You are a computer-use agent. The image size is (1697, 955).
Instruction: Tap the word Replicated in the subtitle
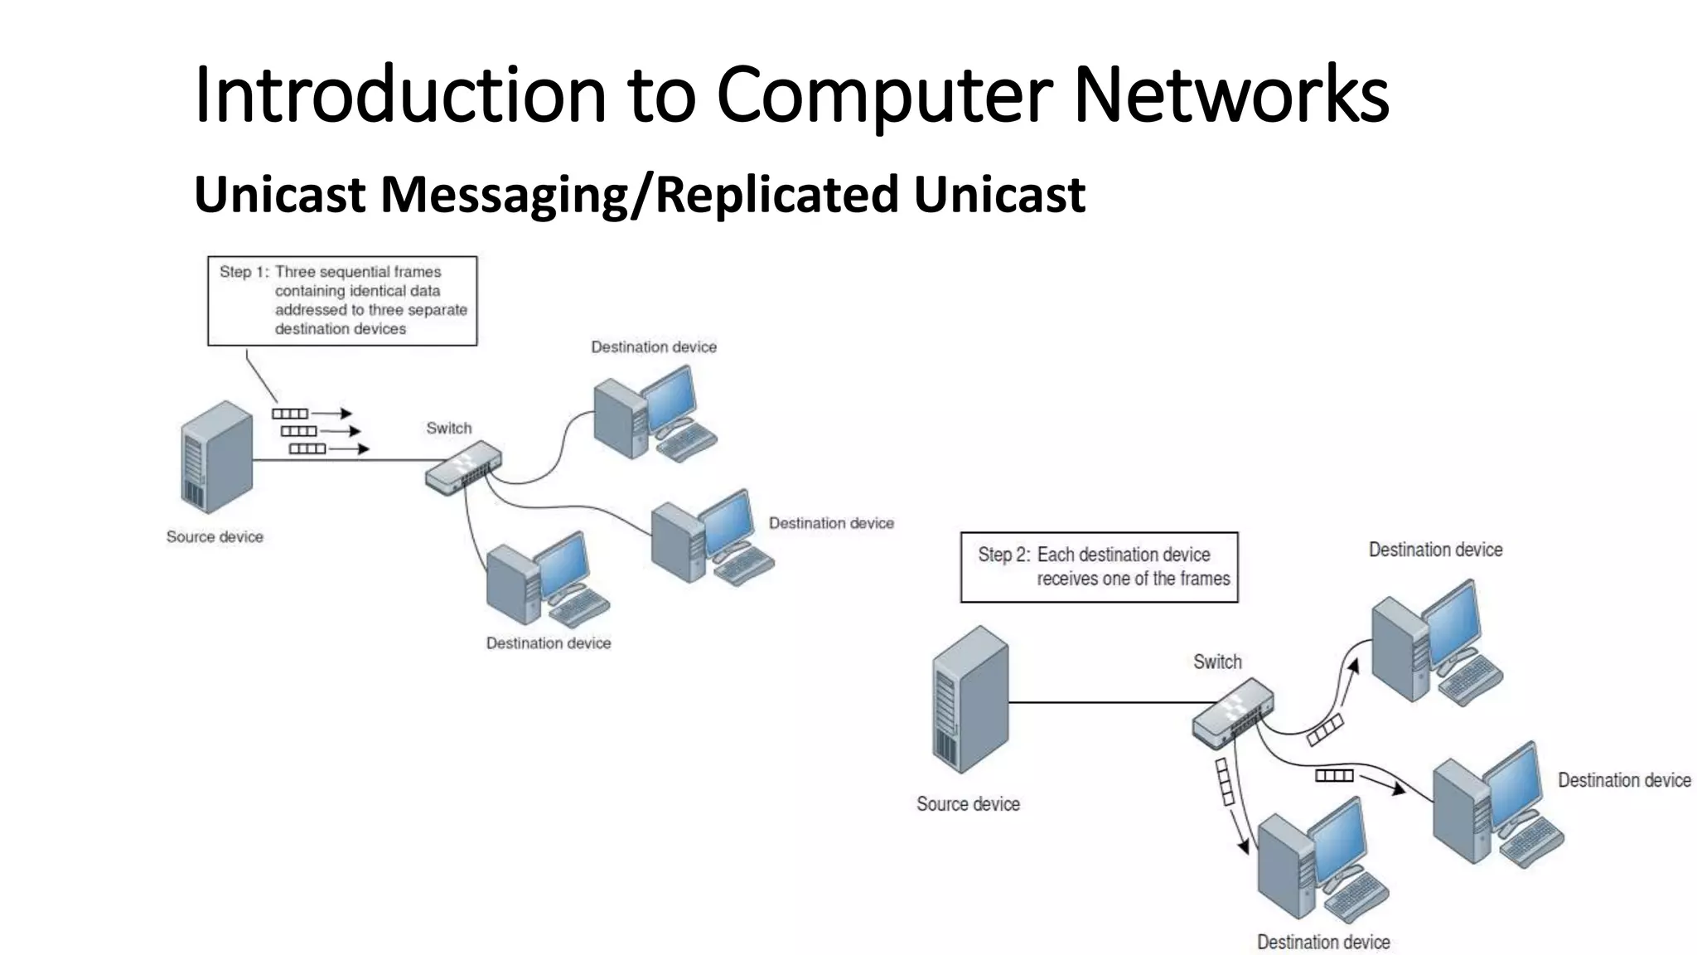[776, 194]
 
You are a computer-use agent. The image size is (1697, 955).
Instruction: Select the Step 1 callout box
[342, 300]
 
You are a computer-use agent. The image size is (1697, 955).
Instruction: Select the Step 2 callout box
[1099, 567]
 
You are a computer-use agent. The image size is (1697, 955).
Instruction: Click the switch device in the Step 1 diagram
[463, 469]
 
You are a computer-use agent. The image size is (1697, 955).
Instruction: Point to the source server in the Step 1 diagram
[216, 458]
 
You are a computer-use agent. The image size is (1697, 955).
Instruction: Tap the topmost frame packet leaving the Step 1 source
[290, 414]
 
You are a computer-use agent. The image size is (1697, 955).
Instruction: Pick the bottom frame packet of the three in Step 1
[307, 448]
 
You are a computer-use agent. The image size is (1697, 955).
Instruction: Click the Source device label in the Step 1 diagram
[215, 537]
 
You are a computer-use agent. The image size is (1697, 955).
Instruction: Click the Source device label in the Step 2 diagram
[968, 804]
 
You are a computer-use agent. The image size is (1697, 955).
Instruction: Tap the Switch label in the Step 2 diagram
[1217, 662]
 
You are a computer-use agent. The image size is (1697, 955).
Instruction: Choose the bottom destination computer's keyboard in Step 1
[579, 607]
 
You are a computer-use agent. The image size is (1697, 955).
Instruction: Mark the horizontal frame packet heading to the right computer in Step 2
[1334, 775]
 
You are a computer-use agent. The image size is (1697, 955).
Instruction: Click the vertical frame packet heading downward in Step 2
[1225, 781]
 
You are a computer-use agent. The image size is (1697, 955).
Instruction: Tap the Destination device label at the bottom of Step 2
[1323, 943]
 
